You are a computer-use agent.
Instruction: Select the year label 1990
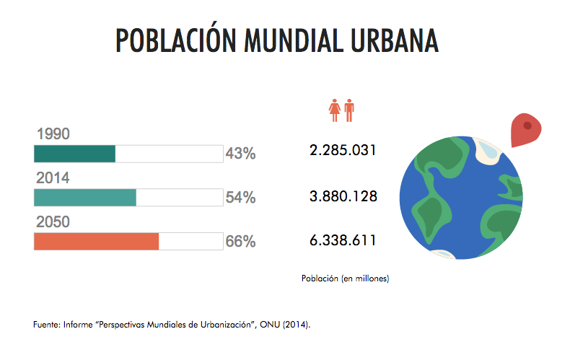click(53, 133)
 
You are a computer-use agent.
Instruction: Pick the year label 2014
click(53, 177)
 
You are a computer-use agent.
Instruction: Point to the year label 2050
click(53, 222)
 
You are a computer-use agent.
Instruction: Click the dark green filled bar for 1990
click(75, 154)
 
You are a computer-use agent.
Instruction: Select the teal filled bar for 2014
click(85, 198)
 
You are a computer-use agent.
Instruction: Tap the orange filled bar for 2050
click(96, 242)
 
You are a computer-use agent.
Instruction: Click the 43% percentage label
click(240, 154)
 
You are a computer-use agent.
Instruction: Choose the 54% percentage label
click(240, 198)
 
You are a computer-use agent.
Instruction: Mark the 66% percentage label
click(240, 242)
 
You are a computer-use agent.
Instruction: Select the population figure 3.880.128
click(343, 196)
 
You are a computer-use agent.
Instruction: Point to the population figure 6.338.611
click(343, 240)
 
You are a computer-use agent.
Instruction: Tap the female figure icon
click(335, 111)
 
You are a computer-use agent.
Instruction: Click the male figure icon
click(349, 111)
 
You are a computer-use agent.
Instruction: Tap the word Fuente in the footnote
click(47, 325)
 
